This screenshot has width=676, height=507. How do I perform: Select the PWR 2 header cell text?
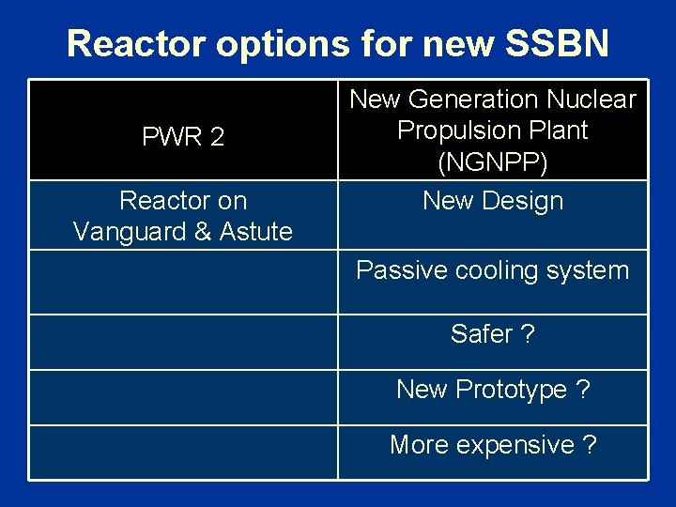coord(183,137)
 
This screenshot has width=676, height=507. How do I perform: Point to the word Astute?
coord(254,231)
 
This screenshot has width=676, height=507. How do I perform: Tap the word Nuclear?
coord(594,100)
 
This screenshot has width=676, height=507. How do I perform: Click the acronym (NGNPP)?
coord(493,162)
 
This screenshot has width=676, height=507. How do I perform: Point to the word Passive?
coord(398,271)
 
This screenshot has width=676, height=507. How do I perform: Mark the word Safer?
coord(481,334)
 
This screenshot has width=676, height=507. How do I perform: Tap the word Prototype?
coord(508,390)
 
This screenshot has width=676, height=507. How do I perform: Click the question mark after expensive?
coord(590,445)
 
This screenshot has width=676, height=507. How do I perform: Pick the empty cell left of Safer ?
coord(183,341)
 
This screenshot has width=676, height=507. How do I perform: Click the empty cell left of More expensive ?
coord(183,452)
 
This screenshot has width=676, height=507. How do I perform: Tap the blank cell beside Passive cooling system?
coord(183,281)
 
